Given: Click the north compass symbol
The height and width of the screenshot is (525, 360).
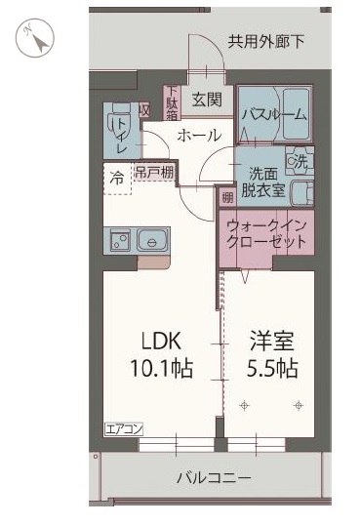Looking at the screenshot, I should point(37,38).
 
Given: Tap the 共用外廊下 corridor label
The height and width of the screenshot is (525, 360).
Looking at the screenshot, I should point(267,41).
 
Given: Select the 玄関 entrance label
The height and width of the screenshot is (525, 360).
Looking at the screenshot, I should point(206,99).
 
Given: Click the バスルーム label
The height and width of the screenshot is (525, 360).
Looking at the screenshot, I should point(274,113).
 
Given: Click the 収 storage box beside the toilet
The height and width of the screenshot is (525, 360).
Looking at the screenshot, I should point(143,113).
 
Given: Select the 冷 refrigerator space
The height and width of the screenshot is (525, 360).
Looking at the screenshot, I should point(116,178).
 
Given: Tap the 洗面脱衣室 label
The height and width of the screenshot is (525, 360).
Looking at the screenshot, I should point(262,182).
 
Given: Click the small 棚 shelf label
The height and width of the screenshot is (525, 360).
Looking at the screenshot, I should point(226,197).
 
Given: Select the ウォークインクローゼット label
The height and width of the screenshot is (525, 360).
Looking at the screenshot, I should point(266,233).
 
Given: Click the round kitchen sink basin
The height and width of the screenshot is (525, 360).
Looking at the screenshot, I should point(153,237).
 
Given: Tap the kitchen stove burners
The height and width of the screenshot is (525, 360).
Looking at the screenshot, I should point(120,237).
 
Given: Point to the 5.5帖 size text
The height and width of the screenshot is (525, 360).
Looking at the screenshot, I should point(272,369).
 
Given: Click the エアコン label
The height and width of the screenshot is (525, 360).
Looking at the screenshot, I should point(124,428).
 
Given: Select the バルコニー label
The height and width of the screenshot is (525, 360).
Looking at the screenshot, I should point(214,478).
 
